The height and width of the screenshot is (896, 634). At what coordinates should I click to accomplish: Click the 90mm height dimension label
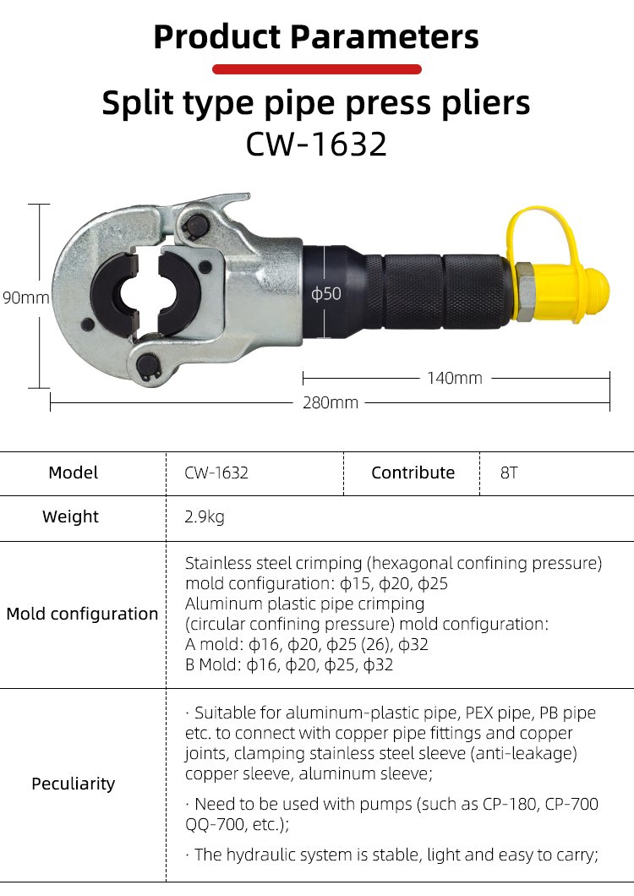point(25,298)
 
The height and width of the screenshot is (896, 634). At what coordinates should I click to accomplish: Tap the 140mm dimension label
point(455,378)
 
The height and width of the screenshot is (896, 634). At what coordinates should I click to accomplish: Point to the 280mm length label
point(331,403)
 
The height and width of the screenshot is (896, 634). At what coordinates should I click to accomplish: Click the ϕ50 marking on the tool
point(325,293)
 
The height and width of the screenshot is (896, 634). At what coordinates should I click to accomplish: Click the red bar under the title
point(317,69)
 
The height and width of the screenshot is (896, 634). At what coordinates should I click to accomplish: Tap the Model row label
point(74,473)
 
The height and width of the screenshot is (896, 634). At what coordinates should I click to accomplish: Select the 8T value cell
point(509,473)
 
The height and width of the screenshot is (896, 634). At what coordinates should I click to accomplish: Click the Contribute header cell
point(413,473)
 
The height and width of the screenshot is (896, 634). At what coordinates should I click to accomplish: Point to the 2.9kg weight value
point(204,516)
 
